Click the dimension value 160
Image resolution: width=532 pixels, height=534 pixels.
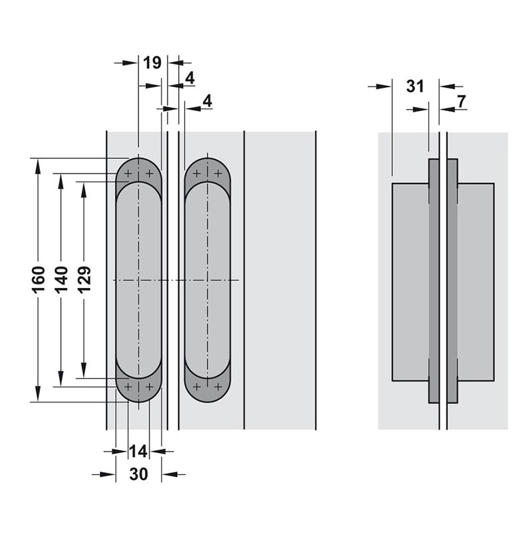point(39,279)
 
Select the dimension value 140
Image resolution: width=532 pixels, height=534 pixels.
point(61,279)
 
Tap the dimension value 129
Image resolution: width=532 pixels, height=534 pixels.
point(84,279)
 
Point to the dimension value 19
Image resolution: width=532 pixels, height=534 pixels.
point(152,63)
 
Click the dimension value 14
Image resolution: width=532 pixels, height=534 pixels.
point(138,452)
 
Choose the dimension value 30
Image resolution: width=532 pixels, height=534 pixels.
point(138,473)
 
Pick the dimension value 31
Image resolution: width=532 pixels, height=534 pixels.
point(415,86)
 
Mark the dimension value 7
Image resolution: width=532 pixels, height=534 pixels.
point(462,102)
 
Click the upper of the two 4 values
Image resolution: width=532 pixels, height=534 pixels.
point(190,78)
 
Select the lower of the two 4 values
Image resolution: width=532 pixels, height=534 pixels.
point(207,101)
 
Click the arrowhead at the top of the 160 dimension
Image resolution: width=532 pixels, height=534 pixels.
point(38,167)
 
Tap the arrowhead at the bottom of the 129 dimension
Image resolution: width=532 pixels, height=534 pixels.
point(83,370)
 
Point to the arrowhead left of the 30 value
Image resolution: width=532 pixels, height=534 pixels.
point(108,474)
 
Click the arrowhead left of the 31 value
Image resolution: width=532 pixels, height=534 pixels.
point(384,86)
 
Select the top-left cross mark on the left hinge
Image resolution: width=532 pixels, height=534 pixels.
point(128,174)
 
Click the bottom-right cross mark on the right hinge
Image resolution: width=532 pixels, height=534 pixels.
point(218,387)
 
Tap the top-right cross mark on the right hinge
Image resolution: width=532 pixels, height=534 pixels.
point(218,174)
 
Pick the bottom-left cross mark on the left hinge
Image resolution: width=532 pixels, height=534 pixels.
point(128,387)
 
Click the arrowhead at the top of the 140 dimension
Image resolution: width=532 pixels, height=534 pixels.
point(61,182)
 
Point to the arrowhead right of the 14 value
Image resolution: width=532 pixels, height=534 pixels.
point(158,452)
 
